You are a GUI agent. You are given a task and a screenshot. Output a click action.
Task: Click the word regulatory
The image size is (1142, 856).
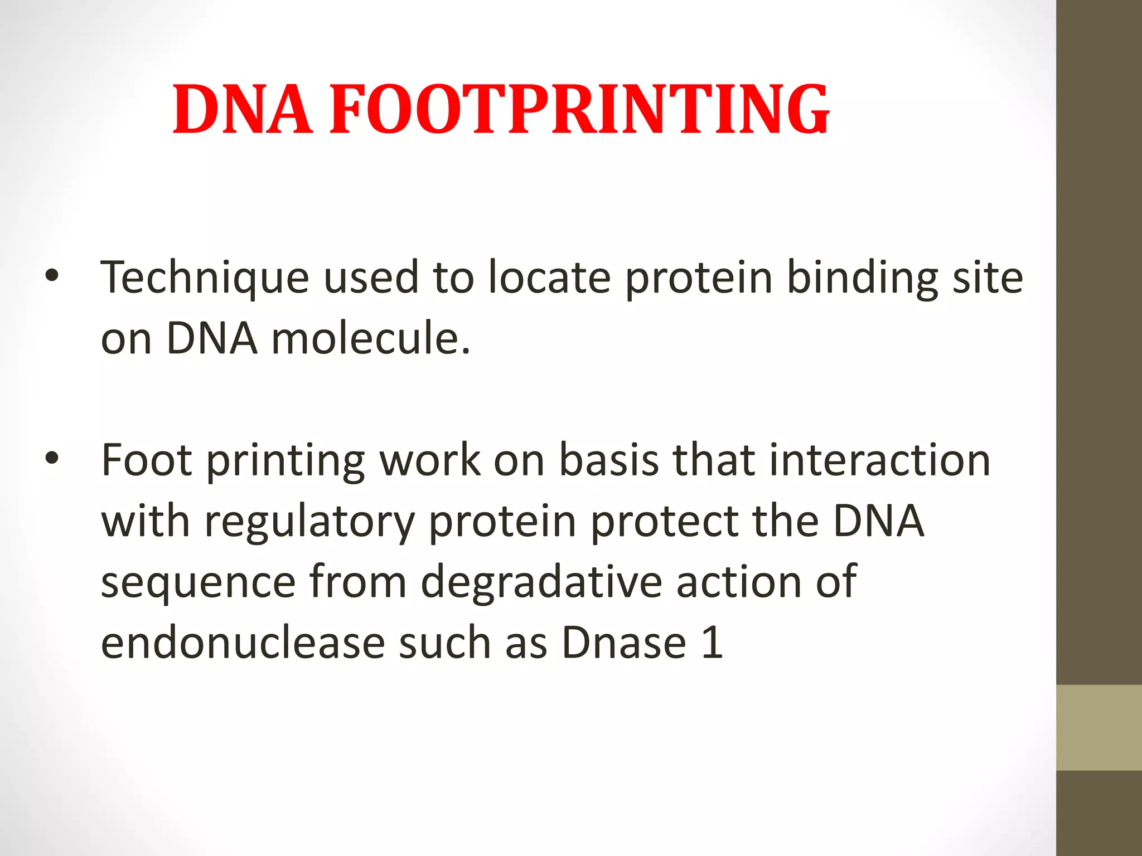point(309,523)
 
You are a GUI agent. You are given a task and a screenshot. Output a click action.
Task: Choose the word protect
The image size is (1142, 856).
point(664,522)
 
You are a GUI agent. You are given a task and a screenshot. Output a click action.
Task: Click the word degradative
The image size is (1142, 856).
point(541,582)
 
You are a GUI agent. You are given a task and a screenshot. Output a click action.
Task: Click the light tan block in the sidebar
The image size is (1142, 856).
point(1099,727)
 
